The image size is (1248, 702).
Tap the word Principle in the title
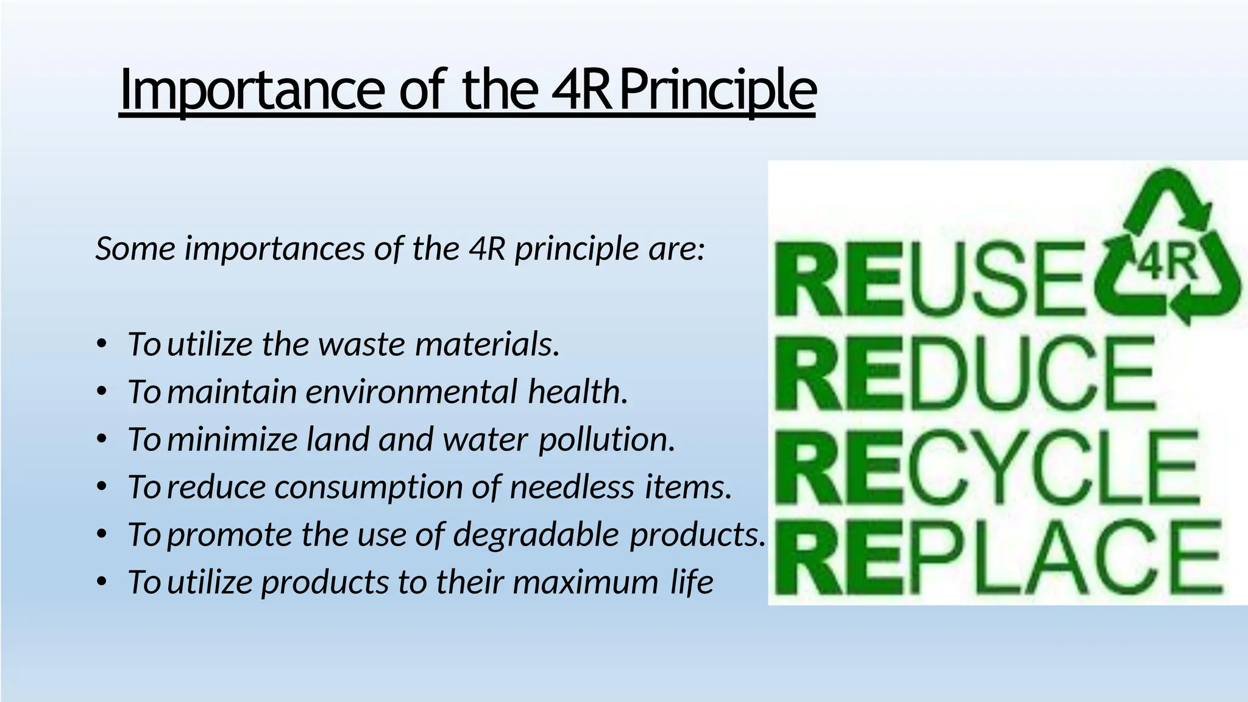pyautogui.click(x=717, y=90)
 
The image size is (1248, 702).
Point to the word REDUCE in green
pyautogui.click(x=965, y=374)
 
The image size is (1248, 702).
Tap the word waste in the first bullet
pyautogui.click(x=361, y=344)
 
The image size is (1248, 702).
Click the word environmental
pyautogui.click(x=411, y=391)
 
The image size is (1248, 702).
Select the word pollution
pyautogui.click(x=607, y=439)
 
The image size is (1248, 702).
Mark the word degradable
pyautogui.click(x=536, y=534)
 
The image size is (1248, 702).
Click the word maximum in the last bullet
pyautogui.click(x=586, y=581)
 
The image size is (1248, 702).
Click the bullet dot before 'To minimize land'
pyautogui.click(x=102, y=439)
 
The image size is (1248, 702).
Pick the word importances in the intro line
pyautogui.click(x=274, y=249)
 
